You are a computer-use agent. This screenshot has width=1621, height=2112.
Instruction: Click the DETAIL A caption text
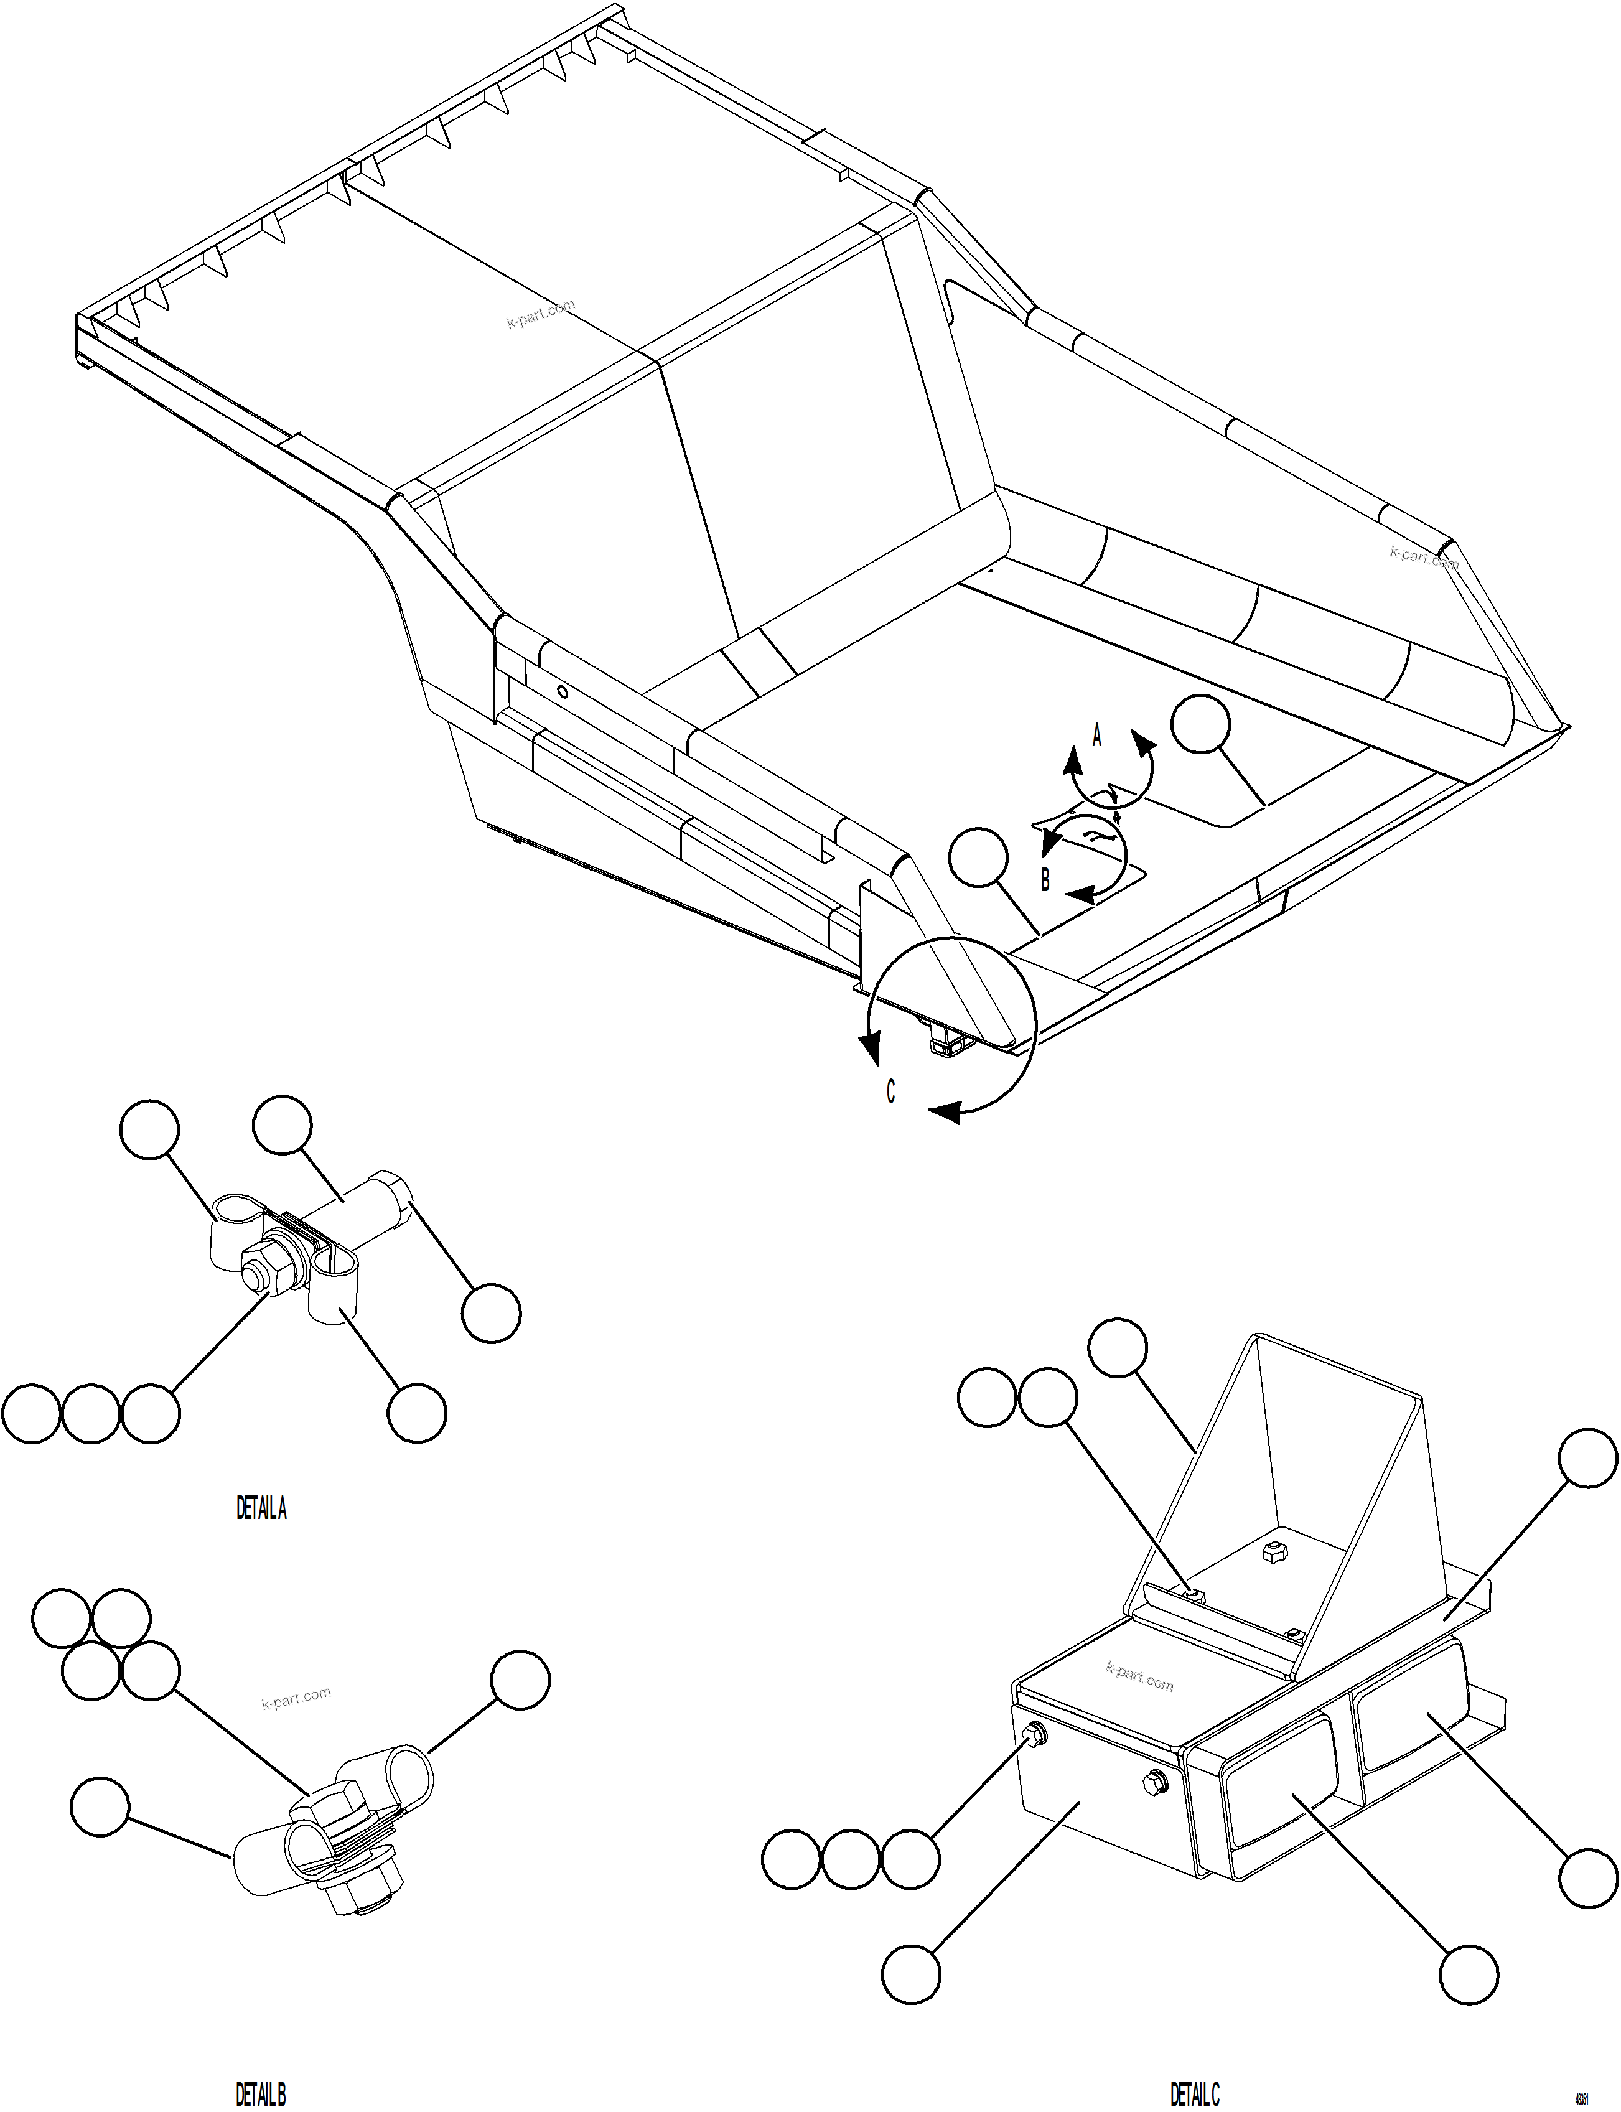coord(261,1508)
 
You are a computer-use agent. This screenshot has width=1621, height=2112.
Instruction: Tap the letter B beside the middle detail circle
coord(1044,880)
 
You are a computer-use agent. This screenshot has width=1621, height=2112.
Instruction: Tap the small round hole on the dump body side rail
coord(564,691)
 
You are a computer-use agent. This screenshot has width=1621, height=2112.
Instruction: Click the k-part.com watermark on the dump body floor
coord(540,314)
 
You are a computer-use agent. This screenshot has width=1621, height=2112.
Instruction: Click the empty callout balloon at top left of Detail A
coord(149,1128)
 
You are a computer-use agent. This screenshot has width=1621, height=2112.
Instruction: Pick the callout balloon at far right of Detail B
coord(520,1680)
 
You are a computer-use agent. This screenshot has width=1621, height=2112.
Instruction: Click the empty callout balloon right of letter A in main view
coord(1200,724)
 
